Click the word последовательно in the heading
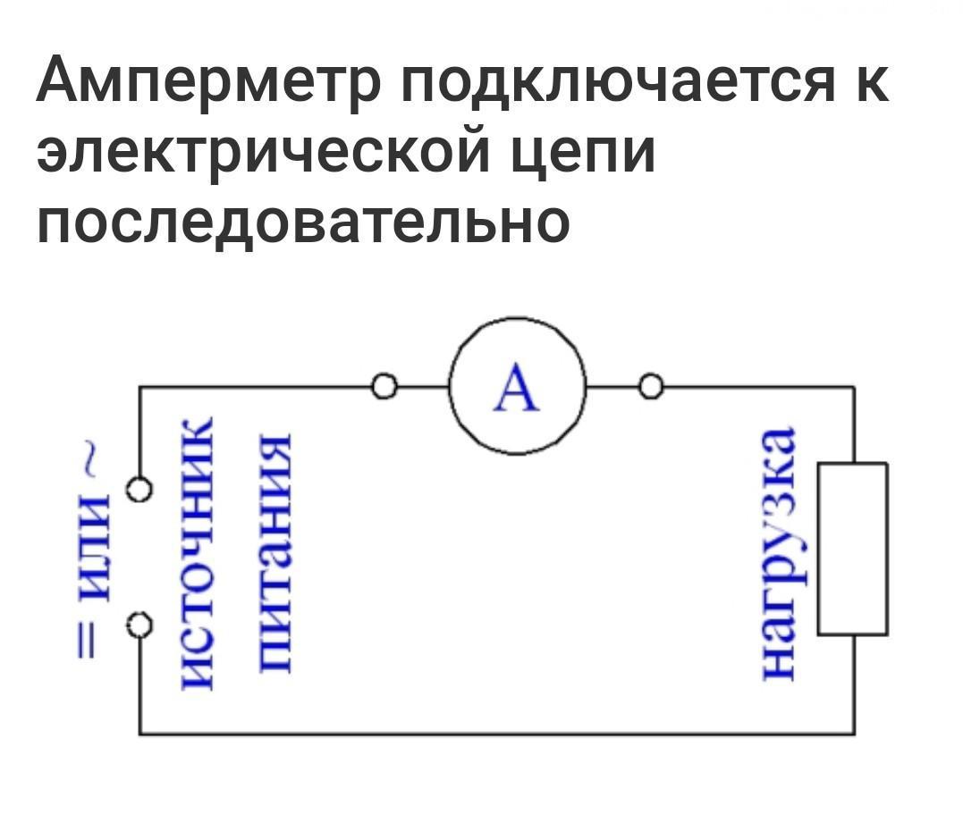tap(302, 221)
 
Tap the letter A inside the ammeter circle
tap(518, 390)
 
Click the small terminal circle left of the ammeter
tap(384, 387)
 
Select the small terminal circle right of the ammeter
tap(651, 387)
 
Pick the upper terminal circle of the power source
tap(139, 491)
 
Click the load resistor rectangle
tap(852, 548)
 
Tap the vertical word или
tap(91, 550)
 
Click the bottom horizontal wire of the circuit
tap(496, 734)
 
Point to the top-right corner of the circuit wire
tap(853, 387)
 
